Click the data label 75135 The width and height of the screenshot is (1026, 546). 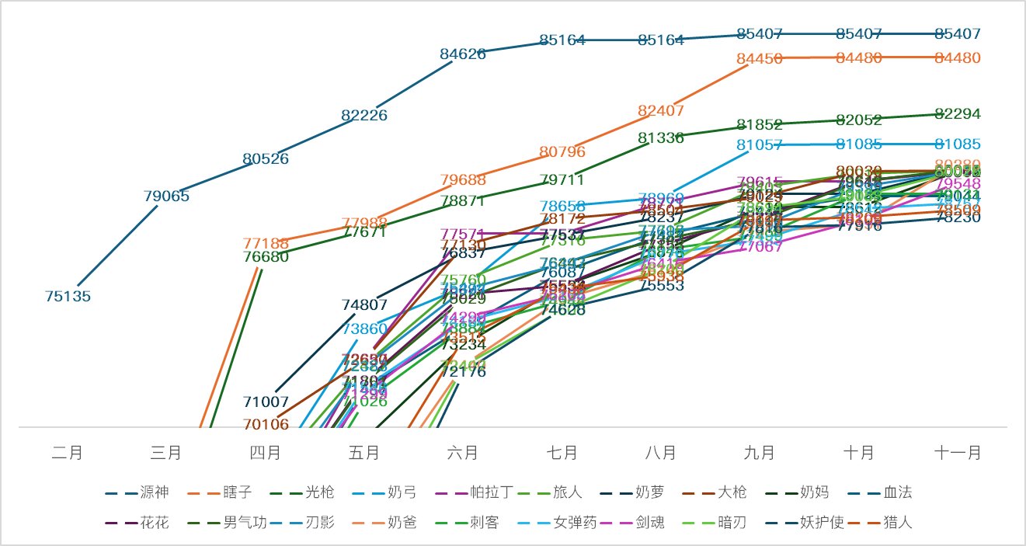[x=68, y=296]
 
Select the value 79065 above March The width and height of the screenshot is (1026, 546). [x=167, y=196]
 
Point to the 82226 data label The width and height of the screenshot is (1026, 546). [x=364, y=115]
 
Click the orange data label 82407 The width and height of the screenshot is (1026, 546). [x=661, y=110]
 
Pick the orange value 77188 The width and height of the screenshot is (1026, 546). [x=266, y=244]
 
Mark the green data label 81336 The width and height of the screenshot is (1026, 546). [x=661, y=137]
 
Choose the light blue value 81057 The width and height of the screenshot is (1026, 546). [x=760, y=144]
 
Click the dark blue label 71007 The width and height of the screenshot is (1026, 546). [x=266, y=402]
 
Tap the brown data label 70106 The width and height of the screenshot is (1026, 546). [x=266, y=424]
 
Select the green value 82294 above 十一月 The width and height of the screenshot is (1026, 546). [x=958, y=113]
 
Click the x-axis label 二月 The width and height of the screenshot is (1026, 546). [x=68, y=453]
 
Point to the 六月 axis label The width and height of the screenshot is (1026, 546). [x=463, y=453]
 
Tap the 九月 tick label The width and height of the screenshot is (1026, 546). [x=760, y=453]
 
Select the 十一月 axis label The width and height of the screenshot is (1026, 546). [x=958, y=453]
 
